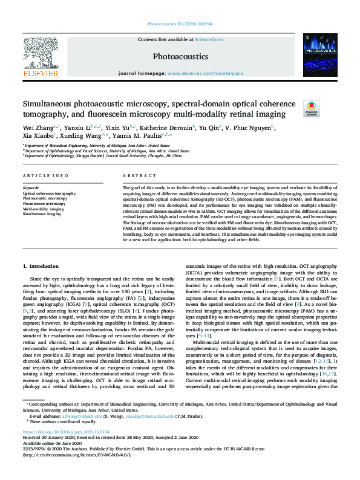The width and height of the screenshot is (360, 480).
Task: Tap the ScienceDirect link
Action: (209, 39)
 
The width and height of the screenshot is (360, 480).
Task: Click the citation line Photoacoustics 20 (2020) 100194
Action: (180, 25)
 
